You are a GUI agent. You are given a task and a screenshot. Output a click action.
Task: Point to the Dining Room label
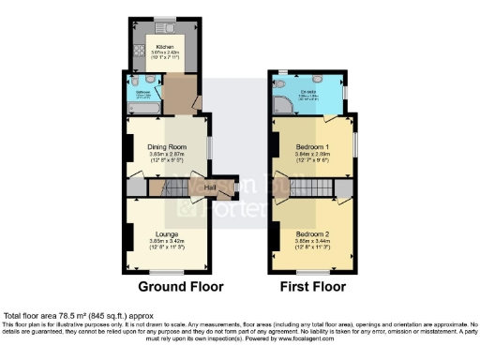pyautogui.click(x=169, y=146)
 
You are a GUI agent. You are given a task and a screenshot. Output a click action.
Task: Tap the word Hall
pyautogui.click(x=212, y=187)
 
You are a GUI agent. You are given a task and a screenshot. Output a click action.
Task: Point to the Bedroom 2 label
pyautogui.click(x=311, y=232)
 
